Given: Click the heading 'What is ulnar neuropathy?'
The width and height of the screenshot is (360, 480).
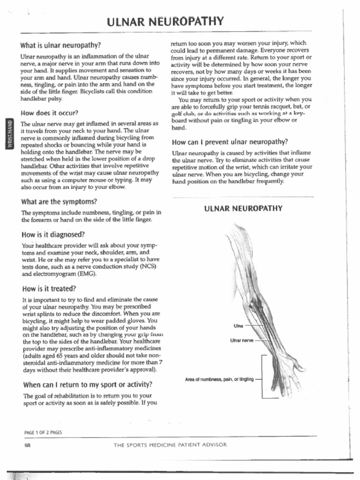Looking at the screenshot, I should tap(60, 46).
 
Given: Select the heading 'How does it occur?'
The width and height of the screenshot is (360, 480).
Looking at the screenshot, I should tap(49, 113).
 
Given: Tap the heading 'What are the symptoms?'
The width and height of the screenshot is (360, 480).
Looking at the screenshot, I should tap(59, 202).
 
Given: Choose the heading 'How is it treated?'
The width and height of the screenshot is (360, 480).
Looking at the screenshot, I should tap(49, 288).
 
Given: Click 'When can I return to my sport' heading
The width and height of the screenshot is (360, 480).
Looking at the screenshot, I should tap(87, 385).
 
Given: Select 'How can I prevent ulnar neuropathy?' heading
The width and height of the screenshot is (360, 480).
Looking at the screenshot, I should tap(230, 142).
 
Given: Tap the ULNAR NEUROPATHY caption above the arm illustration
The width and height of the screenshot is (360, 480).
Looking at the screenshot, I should tap(243, 209).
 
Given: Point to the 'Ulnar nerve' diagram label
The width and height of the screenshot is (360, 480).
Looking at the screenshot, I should tap(241, 340).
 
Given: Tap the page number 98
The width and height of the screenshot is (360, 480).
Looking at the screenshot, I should tap(27, 446).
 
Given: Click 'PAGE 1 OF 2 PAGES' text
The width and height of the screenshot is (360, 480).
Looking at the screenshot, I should tap(43, 432).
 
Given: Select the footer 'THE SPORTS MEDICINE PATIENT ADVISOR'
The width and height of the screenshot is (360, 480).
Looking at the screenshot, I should tap(170, 445).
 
